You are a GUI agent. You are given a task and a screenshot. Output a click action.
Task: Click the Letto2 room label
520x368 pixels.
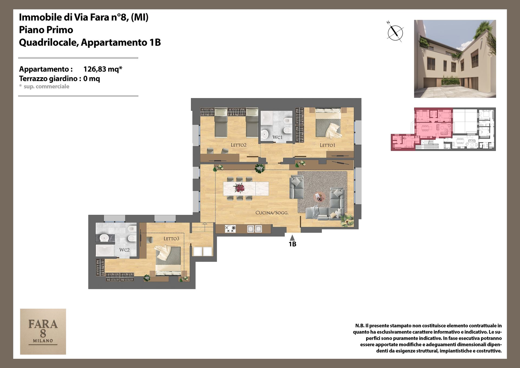click(238, 145)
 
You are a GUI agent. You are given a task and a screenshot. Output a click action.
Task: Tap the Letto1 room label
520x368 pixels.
click(327, 145)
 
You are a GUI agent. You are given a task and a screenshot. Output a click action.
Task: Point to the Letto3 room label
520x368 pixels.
click(171, 238)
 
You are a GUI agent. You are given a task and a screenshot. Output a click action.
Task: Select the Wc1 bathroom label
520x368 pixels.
click(277, 137)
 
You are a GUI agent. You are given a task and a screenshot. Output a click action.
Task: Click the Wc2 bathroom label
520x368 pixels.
click(125, 250)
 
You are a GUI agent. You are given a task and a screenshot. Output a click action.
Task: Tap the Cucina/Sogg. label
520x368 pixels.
click(272, 213)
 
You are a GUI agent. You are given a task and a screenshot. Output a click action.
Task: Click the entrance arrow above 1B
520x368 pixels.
click(292, 238)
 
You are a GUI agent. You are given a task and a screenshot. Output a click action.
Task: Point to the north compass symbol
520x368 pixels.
click(395, 32)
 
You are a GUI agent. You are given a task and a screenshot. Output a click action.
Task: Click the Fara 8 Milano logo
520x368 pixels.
click(43, 331)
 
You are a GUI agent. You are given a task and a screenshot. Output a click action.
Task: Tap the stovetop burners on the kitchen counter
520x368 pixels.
click(230, 229)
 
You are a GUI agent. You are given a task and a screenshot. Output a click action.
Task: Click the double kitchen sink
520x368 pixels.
click(255, 229)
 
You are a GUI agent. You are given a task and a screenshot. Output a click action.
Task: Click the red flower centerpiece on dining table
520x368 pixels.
click(239, 188)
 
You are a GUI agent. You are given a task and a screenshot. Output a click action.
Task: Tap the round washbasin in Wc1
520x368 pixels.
click(265, 134)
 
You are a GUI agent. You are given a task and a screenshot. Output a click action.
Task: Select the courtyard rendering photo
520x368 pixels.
click(455, 59)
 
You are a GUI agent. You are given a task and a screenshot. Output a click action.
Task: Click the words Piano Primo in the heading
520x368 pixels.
click(46, 30)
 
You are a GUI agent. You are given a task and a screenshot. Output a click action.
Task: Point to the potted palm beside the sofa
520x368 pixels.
click(347, 220)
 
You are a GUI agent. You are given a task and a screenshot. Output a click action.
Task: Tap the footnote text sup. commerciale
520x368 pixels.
click(46, 86)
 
